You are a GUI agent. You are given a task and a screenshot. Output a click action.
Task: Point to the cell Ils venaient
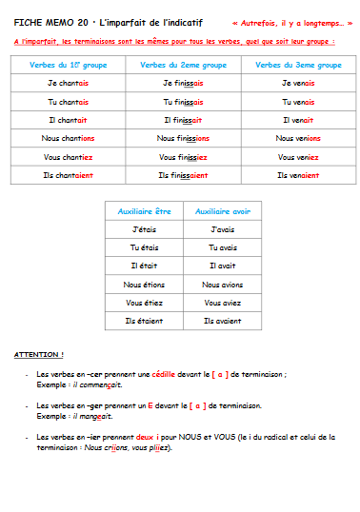tap(298, 175)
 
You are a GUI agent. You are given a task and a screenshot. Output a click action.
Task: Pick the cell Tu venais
tap(298, 102)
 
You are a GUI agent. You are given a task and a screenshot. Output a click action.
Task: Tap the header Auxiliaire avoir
tap(222, 211)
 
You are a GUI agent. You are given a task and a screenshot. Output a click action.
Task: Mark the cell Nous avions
tap(222, 285)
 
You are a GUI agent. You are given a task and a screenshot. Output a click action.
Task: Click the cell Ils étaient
tap(143, 321)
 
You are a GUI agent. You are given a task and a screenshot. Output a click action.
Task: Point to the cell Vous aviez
tap(222, 303)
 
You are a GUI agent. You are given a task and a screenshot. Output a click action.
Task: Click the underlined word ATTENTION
tap(39, 354)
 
